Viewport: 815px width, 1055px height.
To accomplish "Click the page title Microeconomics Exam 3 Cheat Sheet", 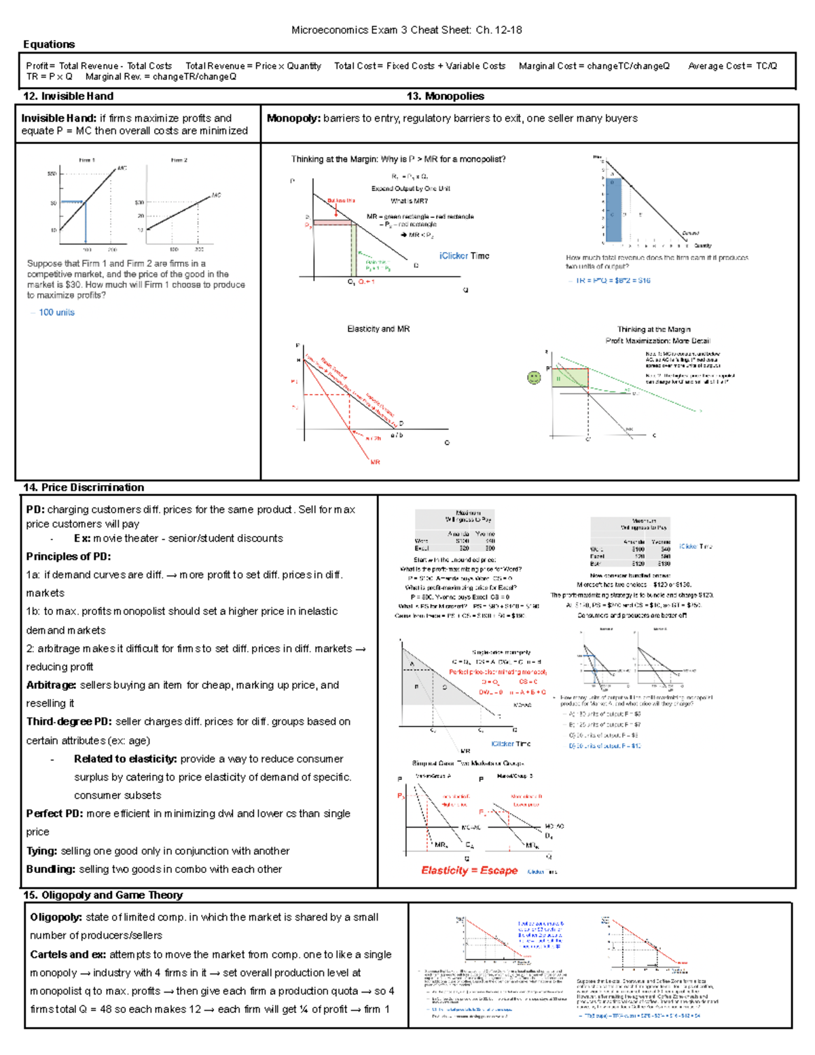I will [x=406, y=30].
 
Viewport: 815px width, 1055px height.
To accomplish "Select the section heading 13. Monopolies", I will [x=445, y=96].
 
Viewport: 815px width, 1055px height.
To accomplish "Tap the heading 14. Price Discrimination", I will [x=83, y=487].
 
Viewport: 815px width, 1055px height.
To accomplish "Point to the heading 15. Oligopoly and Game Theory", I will [x=103, y=895].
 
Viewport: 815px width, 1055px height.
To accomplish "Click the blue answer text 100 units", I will [x=56, y=312].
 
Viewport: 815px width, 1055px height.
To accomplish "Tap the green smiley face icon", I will [x=535, y=377].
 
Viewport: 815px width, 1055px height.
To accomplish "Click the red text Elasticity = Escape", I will [x=469, y=870].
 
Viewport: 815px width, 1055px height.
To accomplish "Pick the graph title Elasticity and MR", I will [x=378, y=329].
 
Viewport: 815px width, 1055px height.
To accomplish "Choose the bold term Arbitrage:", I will [x=51, y=685].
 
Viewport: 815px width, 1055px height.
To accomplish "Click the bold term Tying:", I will [x=41, y=851].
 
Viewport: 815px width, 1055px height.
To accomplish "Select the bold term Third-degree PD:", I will [x=69, y=721].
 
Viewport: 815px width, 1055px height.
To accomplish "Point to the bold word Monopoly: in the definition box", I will [x=293, y=118].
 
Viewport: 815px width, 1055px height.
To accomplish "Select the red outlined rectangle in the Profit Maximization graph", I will [x=570, y=378].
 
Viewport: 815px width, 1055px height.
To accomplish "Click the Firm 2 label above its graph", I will [x=179, y=160].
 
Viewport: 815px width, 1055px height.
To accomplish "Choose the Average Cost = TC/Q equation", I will [x=732, y=66].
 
